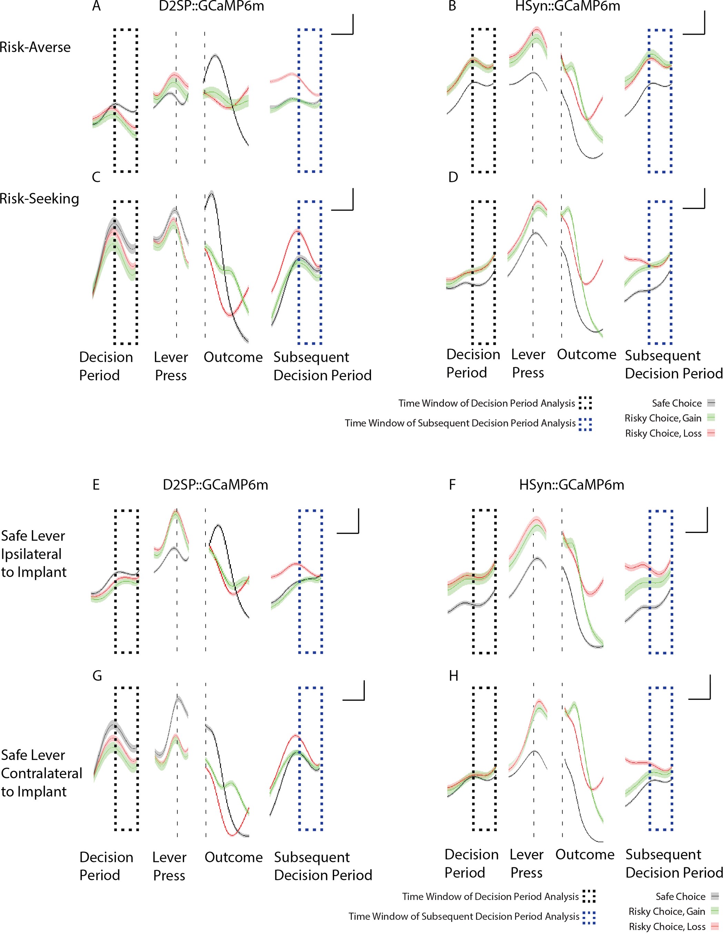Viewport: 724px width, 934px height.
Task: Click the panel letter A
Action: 96,7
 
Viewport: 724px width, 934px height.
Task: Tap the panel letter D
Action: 453,177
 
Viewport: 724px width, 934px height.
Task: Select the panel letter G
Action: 97,676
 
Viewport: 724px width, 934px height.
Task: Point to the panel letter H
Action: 454,676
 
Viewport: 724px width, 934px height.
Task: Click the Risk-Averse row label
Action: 35,47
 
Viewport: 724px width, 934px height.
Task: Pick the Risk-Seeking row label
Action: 39,199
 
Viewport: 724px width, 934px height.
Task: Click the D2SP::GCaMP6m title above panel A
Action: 211,7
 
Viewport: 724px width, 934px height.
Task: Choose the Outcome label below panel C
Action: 233,357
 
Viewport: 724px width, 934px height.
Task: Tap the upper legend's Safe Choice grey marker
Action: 711,403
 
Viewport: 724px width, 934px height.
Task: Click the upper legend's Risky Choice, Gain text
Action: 663,418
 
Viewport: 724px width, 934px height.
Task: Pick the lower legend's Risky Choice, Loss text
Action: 667,926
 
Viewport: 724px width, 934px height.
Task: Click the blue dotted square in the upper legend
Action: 585,424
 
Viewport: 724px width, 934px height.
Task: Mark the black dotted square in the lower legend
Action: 589,896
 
